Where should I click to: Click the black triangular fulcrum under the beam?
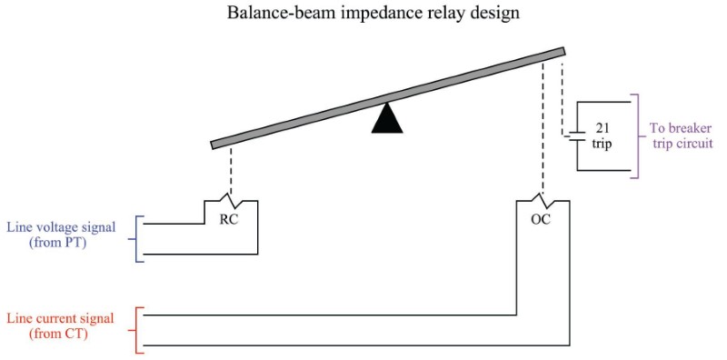point(387,120)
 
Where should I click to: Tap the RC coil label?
point(230,218)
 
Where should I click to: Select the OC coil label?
point(541,218)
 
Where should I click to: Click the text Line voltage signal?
point(61,227)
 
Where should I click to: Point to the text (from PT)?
point(61,243)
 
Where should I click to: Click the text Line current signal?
point(61,318)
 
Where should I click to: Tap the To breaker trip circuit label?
point(681,135)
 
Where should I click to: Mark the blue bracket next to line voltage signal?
point(138,238)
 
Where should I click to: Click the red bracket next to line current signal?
point(138,329)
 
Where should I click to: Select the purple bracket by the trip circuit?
point(639,135)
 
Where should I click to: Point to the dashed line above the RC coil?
point(230,171)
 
